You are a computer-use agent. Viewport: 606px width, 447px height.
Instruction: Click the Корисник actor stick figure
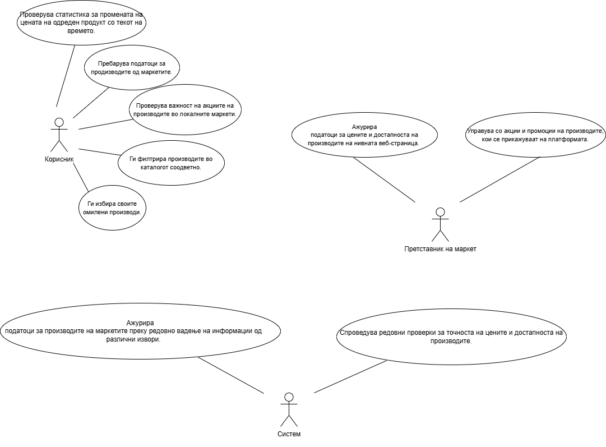[x=59, y=135]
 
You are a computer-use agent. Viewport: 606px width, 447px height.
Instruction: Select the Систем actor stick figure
[x=289, y=409]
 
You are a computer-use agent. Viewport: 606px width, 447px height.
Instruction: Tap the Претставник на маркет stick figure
[x=440, y=224]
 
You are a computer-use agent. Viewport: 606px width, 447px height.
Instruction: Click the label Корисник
[x=59, y=159]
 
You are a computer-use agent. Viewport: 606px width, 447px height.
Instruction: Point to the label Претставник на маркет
[x=440, y=248]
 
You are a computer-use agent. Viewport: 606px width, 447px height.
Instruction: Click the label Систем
[x=289, y=434]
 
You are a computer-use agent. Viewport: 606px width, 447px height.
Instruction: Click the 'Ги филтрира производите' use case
[x=172, y=163]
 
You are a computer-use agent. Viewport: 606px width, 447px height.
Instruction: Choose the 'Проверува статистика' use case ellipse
[x=81, y=25]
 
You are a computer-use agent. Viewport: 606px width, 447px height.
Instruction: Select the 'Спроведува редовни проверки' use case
[x=451, y=337]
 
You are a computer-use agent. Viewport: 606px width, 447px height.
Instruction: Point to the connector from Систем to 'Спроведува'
[x=350, y=376]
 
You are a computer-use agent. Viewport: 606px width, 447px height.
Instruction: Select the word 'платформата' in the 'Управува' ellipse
[x=567, y=139]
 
